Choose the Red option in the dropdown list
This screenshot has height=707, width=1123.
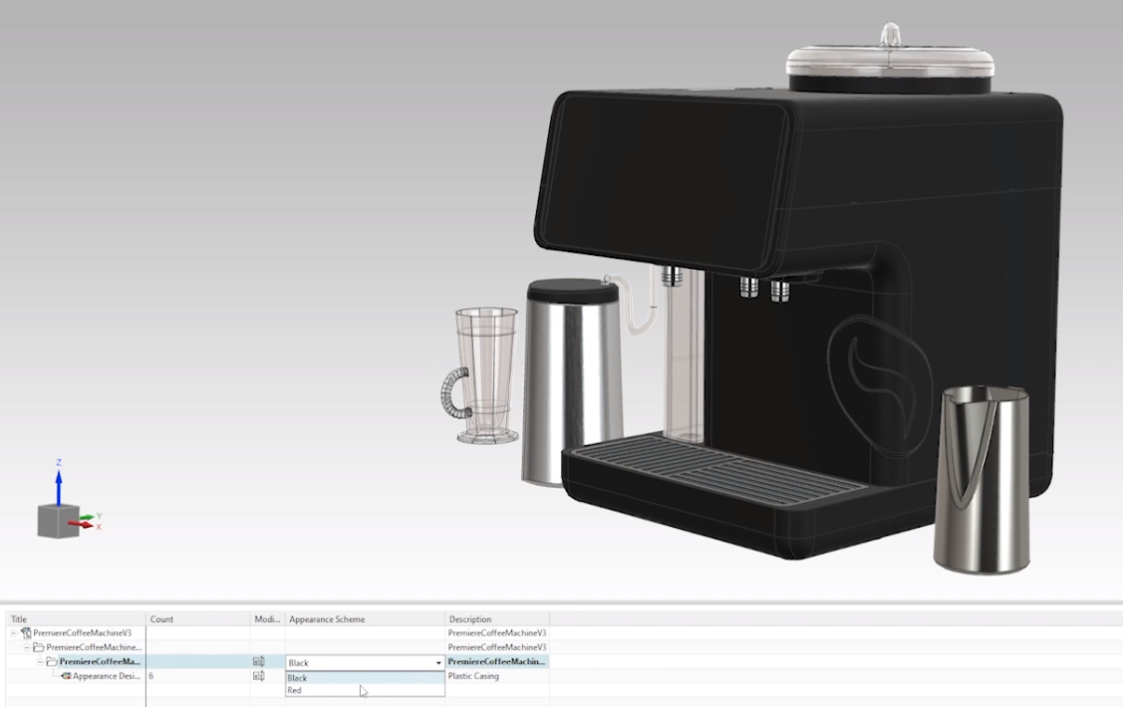pyautogui.click(x=295, y=690)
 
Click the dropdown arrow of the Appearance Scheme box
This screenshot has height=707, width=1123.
pyautogui.click(x=438, y=662)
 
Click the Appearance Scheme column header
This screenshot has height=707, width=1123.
pyautogui.click(x=327, y=619)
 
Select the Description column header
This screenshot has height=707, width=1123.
pyautogui.click(x=469, y=619)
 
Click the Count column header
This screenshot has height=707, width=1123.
pyautogui.click(x=161, y=619)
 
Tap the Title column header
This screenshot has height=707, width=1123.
pyautogui.click(x=19, y=619)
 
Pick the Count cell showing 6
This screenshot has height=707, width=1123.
pyautogui.click(x=151, y=676)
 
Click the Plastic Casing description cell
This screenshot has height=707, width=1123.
pyautogui.click(x=473, y=676)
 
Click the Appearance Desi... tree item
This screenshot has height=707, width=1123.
pyautogui.click(x=106, y=676)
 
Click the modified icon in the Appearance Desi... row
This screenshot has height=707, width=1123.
pyautogui.click(x=259, y=676)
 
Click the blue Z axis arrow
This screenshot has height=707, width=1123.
pyautogui.click(x=59, y=483)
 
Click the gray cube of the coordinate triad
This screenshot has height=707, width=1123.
pyautogui.click(x=58, y=521)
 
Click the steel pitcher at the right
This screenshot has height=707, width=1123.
pyautogui.click(x=981, y=478)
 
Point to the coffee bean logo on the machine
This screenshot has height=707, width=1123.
pyautogui.click(x=878, y=378)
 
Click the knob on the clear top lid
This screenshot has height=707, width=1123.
pyautogui.click(x=890, y=36)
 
